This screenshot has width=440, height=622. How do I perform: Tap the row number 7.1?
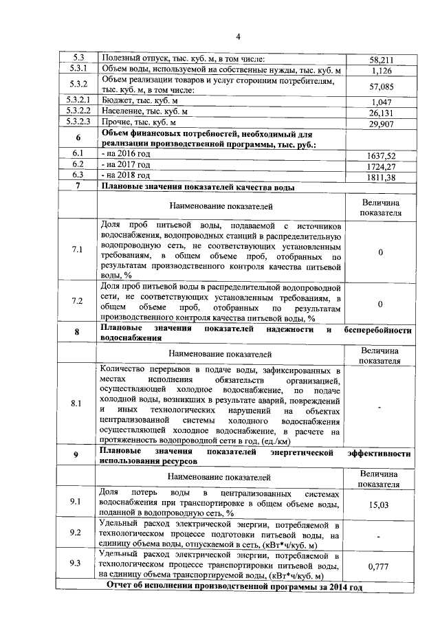77,249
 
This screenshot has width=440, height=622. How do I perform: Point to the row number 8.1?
76,403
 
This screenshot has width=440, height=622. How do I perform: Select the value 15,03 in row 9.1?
380,505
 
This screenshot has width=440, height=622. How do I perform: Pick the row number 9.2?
76,533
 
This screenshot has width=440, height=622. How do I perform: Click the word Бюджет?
118,101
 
